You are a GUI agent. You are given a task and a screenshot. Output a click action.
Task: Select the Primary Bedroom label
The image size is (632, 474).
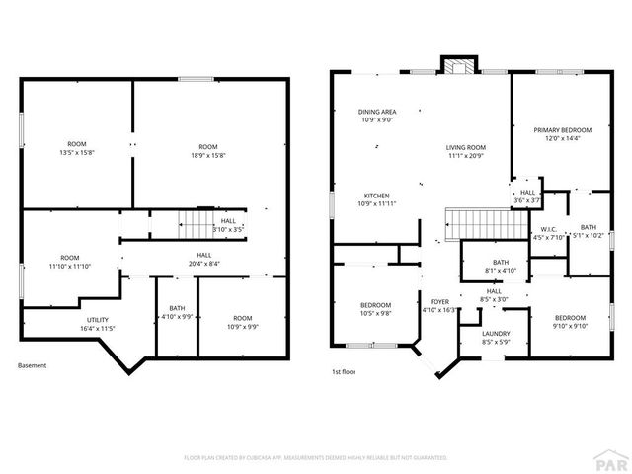(x=562, y=134)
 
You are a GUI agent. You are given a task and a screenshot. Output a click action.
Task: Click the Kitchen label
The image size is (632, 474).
(x=376, y=198)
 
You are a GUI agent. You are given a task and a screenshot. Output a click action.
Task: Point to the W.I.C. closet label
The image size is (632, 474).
(x=548, y=233)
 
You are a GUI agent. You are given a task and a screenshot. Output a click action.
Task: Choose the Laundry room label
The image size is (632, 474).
(x=496, y=337)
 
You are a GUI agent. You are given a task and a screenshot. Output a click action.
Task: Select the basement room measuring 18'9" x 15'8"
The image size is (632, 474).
(x=208, y=152)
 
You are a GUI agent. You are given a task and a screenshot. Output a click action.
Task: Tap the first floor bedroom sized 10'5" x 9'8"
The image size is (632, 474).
(x=375, y=308)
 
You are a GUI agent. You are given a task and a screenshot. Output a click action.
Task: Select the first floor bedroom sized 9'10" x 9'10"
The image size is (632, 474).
(x=569, y=322)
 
